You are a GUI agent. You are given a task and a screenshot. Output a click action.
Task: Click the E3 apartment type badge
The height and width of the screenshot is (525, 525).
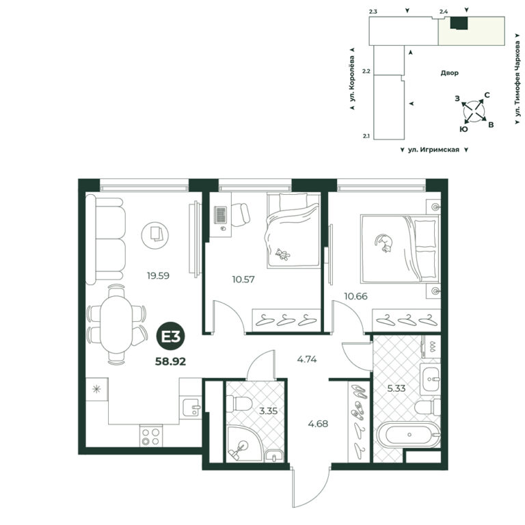coord(171,337)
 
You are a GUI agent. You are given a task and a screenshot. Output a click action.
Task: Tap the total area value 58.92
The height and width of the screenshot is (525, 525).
coord(170,362)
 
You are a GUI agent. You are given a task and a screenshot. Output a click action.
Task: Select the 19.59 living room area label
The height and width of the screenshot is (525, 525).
coord(158,276)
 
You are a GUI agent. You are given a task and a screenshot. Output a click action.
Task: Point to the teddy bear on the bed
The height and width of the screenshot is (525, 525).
coord(282,254)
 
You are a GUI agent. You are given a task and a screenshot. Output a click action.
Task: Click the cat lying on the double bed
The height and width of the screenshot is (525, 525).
coord(383,243)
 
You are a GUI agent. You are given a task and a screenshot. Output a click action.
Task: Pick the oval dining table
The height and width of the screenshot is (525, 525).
coord(116,325)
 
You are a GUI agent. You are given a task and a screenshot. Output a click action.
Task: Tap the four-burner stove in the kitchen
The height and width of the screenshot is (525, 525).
coord(150,435)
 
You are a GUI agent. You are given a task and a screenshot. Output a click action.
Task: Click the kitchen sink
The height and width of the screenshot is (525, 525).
coord(192,406)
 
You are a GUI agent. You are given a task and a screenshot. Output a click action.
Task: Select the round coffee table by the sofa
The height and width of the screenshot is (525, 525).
coord(155,235)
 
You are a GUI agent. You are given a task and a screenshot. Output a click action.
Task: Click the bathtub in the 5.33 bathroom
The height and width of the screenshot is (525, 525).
coord(409,435)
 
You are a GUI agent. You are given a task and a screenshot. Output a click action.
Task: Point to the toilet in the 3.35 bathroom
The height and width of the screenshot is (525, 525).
coord(239,403)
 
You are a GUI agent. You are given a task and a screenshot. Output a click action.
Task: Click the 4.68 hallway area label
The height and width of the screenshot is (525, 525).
coord(318,424)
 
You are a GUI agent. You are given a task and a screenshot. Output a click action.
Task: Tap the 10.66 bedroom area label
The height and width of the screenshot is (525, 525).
coord(356,296)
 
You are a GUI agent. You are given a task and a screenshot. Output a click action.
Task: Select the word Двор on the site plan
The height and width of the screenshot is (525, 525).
coord(449,72)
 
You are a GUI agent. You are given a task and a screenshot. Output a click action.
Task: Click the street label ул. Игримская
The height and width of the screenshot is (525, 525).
coord(433,150)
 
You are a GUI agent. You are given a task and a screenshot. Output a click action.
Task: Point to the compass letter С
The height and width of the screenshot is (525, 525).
coord(487,95)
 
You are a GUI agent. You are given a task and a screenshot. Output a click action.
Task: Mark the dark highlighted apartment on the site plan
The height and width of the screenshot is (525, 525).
coord(459,23)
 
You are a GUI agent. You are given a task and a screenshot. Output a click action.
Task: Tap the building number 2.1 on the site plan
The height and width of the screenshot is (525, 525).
coord(366,136)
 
